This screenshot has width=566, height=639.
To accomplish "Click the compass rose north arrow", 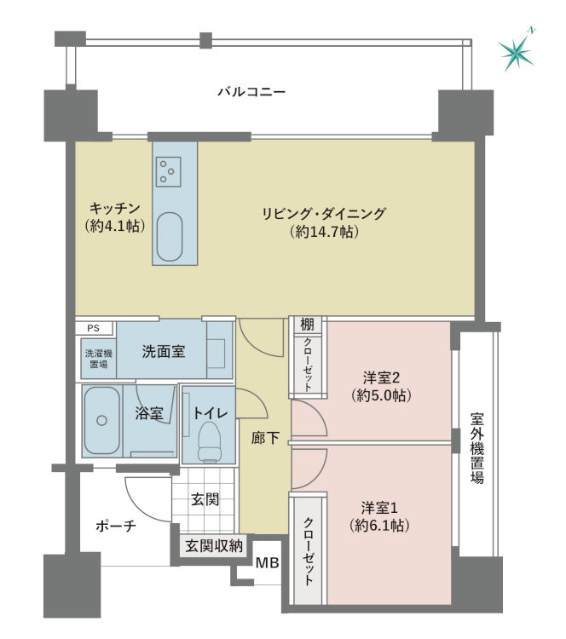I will pyautogui.click(x=517, y=53).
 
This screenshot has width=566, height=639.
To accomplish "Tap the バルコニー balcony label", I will pyautogui.click(x=251, y=92).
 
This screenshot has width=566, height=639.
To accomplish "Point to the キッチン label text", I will pyautogui.click(x=114, y=209).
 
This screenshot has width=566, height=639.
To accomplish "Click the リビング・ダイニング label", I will pyautogui.click(x=324, y=213).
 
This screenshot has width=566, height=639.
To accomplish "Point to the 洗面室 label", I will pyautogui.click(x=163, y=351).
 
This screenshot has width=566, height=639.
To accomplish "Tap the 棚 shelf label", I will pyautogui.click(x=307, y=324).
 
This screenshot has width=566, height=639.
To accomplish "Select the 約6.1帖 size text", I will pyautogui.click(x=380, y=525).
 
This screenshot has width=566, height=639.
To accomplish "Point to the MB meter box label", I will pyautogui.click(x=267, y=562).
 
